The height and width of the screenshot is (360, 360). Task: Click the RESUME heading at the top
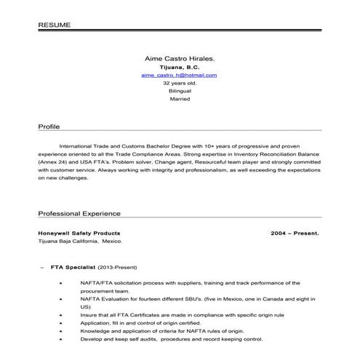pos(55,25)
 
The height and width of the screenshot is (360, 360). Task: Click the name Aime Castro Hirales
pos(179,57)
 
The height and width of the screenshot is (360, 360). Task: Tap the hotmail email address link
pos(179,75)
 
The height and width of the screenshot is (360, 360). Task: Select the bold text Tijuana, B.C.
pos(179,66)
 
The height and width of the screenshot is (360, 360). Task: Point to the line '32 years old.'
pos(179,83)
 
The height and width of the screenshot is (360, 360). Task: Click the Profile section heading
pos(49,127)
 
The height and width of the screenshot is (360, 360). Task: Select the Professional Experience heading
pos(79,214)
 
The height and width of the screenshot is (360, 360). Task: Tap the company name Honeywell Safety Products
pos(74,233)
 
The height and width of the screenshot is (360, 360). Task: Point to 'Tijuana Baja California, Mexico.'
pos(80,241)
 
